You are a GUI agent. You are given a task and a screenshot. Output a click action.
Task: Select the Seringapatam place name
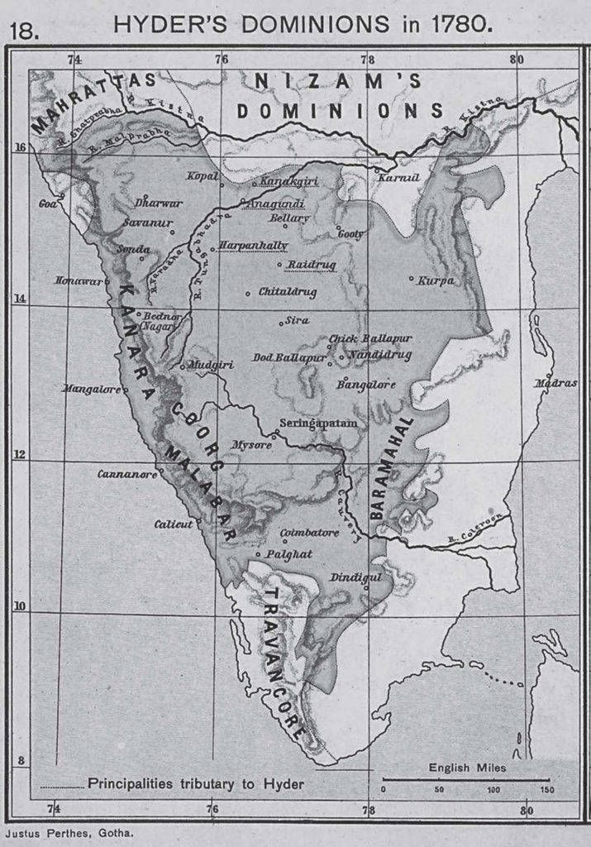tap(318, 423)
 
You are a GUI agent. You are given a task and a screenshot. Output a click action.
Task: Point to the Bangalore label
tap(365, 384)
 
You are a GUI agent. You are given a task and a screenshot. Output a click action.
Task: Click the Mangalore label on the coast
tap(92, 387)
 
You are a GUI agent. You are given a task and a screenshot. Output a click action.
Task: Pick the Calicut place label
tap(174, 524)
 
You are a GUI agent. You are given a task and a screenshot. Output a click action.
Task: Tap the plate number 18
tap(22, 31)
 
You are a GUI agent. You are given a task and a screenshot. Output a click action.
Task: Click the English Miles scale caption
tap(467, 768)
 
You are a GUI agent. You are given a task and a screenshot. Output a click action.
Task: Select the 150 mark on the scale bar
tap(547, 790)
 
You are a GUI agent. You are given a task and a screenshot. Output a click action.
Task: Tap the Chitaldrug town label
tap(288, 292)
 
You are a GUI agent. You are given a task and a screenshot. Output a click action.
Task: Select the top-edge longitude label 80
tap(516, 59)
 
